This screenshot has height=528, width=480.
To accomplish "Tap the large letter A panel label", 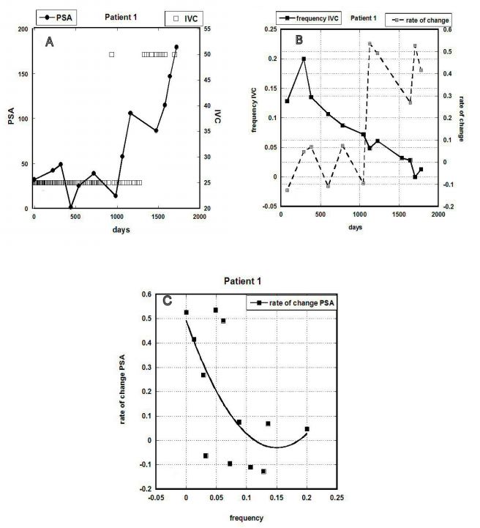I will [50, 42].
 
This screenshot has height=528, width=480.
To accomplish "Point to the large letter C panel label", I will [167, 300].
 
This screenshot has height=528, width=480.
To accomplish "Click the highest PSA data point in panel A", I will [176, 47].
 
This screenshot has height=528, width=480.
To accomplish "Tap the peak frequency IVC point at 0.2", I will [304, 59].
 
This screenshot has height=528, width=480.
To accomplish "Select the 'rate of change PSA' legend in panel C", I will [296, 302].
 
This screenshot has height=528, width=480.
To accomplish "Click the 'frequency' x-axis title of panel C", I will [246, 516].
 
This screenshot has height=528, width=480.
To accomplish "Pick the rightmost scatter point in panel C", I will [307, 429].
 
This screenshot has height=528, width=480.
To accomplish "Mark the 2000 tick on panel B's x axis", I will [438, 215].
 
